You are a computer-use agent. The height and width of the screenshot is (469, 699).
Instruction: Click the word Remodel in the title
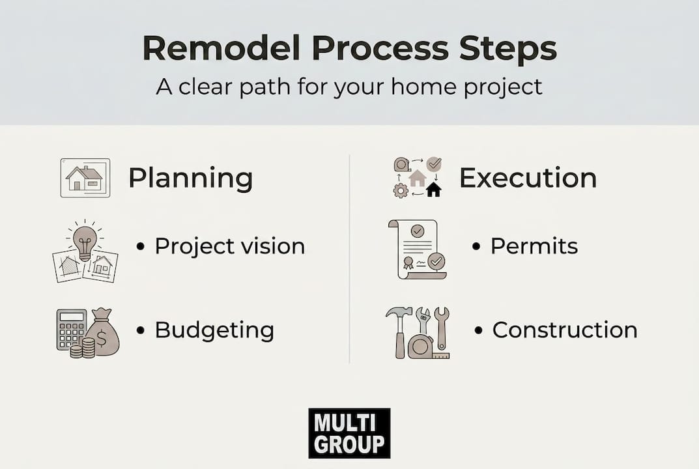(221, 48)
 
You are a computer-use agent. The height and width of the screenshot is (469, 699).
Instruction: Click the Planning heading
(191, 178)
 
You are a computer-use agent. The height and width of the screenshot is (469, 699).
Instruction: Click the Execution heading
(528, 178)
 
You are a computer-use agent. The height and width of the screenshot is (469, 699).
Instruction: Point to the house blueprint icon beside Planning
(85, 178)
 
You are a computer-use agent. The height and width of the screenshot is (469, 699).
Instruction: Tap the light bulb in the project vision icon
(85, 241)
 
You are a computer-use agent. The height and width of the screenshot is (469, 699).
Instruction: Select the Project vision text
(229, 246)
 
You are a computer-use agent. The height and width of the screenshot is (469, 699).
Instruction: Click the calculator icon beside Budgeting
(71, 330)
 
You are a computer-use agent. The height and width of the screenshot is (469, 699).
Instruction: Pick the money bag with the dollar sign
(103, 333)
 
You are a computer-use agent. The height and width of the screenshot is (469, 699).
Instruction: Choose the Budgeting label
(214, 330)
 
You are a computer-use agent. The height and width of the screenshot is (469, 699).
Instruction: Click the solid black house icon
(433, 190)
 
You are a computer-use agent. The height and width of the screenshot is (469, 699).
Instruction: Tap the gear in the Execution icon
(401, 191)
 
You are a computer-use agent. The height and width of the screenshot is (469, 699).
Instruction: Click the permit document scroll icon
(418, 249)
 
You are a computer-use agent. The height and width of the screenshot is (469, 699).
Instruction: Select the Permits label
(534, 246)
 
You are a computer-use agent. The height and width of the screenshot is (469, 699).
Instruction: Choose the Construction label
(565, 330)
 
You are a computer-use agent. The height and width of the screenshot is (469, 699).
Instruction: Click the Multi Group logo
(349, 433)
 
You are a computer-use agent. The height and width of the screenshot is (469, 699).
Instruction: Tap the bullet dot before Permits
(476, 246)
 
